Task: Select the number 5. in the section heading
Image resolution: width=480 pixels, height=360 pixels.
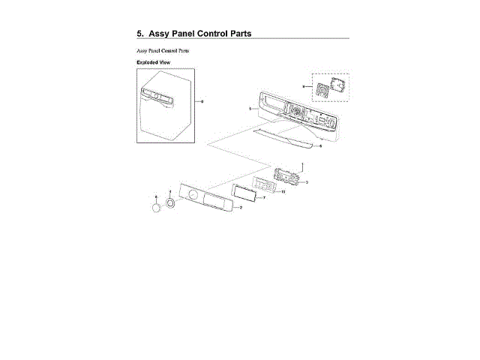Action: click(x=140, y=34)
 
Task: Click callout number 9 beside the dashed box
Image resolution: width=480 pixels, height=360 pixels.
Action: click(x=303, y=87)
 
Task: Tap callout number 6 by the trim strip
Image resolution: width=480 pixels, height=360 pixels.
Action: click(x=320, y=146)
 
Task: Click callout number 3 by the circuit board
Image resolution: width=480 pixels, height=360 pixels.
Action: click(x=307, y=182)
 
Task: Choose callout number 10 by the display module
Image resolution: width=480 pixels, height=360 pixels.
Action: click(x=282, y=192)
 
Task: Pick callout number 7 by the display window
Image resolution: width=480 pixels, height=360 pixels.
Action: click(x=264, y=199)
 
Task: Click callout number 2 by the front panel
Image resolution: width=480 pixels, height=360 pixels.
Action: click(x=240, y=208)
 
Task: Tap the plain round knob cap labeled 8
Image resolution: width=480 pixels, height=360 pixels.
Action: click(x=156, y=208)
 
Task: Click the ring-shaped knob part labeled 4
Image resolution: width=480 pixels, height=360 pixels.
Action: click(x=171, y=203)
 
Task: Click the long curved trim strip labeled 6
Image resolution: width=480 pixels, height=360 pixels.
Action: click(x=285, y=138)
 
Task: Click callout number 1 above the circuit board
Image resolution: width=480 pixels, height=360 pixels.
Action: click(x=301, y=163)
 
